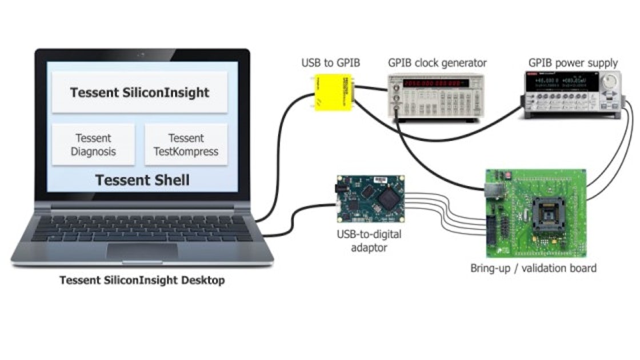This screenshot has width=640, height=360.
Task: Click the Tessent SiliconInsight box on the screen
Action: [139, 92]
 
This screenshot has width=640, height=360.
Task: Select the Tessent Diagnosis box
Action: [93, 145]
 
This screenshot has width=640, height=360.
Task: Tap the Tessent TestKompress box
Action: [186, 145]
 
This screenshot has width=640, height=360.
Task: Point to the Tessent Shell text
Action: [142, 180]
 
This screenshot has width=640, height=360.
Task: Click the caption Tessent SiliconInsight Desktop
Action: [142, 281]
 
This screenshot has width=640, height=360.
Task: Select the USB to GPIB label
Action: [331, 63]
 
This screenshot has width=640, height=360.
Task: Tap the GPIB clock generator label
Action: [437, 63]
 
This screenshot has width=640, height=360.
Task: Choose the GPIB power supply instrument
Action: [572, 94]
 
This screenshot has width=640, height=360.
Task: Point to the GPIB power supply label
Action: [573, 63]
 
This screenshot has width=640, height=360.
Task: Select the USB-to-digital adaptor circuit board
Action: [370, 200]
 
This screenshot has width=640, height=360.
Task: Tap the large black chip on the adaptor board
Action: [389, 197]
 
